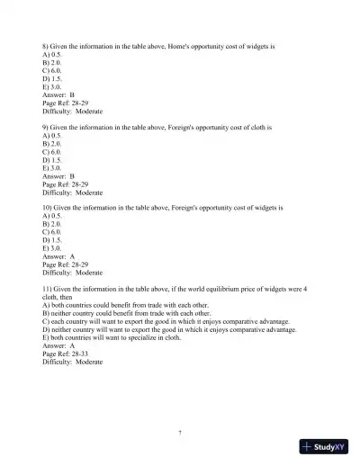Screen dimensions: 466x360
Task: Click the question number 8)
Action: pos(46,44)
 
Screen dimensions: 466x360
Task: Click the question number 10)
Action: pos(48,208)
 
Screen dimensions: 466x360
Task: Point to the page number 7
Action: pos(180,433)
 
